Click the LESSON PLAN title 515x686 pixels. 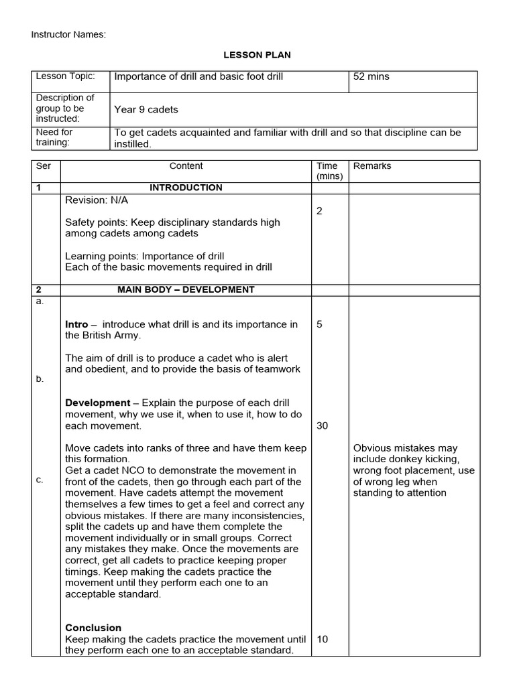[257, 55]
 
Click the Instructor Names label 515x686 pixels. [68, 34]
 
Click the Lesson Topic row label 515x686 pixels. [65, 76]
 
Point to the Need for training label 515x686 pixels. [54, 137]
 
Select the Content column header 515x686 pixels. [186, 165]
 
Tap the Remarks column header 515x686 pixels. [372, 165]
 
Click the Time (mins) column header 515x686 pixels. [329, 171]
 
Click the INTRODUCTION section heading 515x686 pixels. [186, 188]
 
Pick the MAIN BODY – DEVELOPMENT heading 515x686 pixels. [186, 289]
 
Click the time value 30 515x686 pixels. [322, 425]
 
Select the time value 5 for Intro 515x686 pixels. [319, 324]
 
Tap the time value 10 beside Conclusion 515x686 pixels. [322, 639]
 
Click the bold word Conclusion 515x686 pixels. [93, 628]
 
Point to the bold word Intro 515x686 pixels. [76, 324]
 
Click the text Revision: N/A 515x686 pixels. [96, 200]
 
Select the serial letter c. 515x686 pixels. [40, 480]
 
